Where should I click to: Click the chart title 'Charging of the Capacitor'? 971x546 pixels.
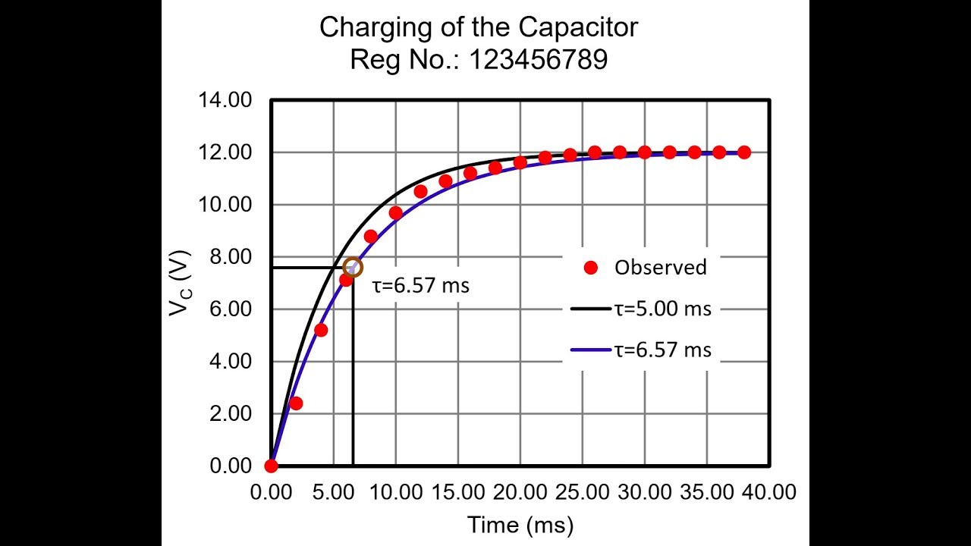click(478, 27)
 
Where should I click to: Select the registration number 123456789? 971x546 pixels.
click(538, 60)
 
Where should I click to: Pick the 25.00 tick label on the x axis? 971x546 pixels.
click(583, 493)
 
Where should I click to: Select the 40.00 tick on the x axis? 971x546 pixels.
click(769, 493)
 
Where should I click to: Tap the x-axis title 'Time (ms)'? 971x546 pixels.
click(520, 525)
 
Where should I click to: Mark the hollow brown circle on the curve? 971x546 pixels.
click(353, 267)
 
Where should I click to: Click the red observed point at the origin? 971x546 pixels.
click(271, 466)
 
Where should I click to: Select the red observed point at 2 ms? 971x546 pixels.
click(296, 403)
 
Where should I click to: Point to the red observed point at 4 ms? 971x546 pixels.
click(321, 330)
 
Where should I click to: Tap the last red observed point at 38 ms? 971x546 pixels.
click(744, 152)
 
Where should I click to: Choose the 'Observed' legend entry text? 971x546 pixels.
click(660, 267)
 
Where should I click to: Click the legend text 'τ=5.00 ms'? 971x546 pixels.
click(663, 309)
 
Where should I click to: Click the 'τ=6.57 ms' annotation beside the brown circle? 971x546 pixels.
click(421, 287)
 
